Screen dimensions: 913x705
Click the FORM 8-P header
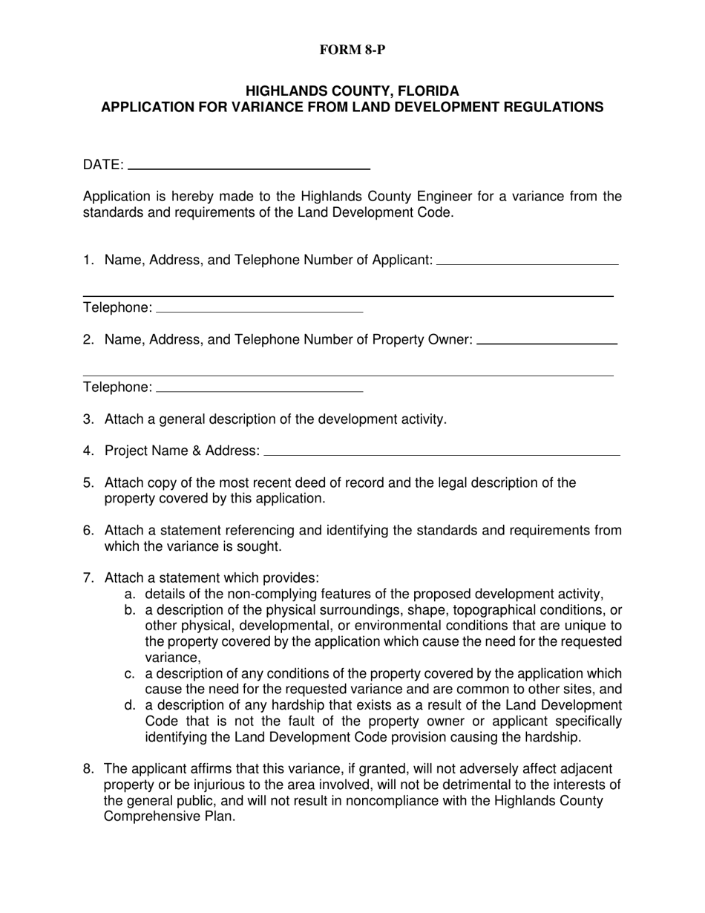click(352, 50)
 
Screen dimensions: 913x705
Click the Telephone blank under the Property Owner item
click(259, 389)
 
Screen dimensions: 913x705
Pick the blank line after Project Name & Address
click(442, 453)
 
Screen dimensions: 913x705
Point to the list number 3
click(88, 419)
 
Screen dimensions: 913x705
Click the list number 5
click(88, 483)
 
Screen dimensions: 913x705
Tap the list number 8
click(88, 769)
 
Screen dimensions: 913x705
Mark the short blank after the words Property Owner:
click(546, 343)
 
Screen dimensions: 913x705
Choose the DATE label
click(103, 165)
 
